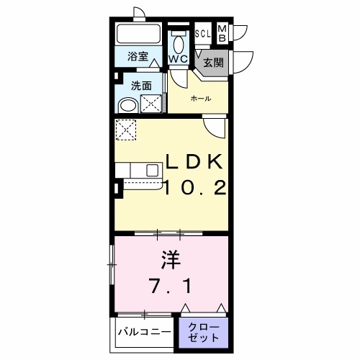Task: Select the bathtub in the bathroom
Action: [x=139, y=34]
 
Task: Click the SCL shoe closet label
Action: [x=202, y=34]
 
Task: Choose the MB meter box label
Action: [x=222, y=32]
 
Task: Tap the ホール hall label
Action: [x=200, y=99]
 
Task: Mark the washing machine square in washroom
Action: [x=153, y=104]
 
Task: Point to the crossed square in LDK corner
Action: [x=127, y=131]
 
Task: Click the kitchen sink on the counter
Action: [x=153, y=171]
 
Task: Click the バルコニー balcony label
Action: [x=147, y=333]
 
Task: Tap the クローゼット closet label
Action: [x=204, y=332]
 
